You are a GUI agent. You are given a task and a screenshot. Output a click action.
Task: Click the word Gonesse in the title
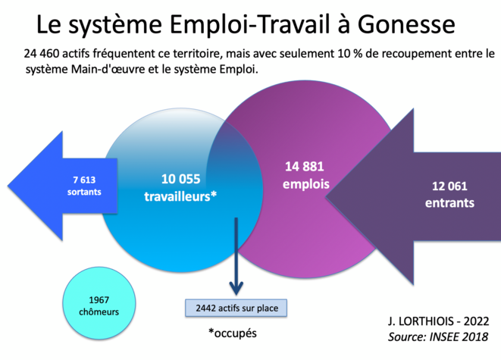pos(406,24)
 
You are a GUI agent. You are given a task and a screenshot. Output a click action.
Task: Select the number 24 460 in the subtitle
pos(41,53)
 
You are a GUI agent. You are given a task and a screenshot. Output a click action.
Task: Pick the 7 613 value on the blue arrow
pos(84,180)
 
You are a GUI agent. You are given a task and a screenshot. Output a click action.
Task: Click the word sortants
pos(84,192)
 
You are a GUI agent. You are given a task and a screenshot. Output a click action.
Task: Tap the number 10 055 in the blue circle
pos(181,179)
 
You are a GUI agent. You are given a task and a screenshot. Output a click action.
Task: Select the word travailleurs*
pos(180,196)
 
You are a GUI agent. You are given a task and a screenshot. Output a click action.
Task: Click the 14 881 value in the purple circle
pos(305,167)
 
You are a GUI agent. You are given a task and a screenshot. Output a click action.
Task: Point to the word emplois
pos(306,184)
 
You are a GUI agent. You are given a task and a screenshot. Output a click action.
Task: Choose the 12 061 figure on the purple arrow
pos(449,186)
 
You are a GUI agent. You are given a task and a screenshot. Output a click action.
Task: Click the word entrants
pos(449,203)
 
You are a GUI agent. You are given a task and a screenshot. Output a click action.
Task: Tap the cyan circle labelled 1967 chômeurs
pos(99,303)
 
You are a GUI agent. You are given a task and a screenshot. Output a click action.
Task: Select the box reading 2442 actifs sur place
pos(236,308)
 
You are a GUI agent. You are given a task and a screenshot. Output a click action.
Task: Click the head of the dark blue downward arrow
pos(236,289)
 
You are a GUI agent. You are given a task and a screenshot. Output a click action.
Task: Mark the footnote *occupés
pos(232,333)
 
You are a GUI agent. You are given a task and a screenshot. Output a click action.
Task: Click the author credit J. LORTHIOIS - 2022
pos(438,321)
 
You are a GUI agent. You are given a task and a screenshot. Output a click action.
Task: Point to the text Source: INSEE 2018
pos(438,337)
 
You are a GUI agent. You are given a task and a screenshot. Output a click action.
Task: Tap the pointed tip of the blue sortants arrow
pos(8,186)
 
